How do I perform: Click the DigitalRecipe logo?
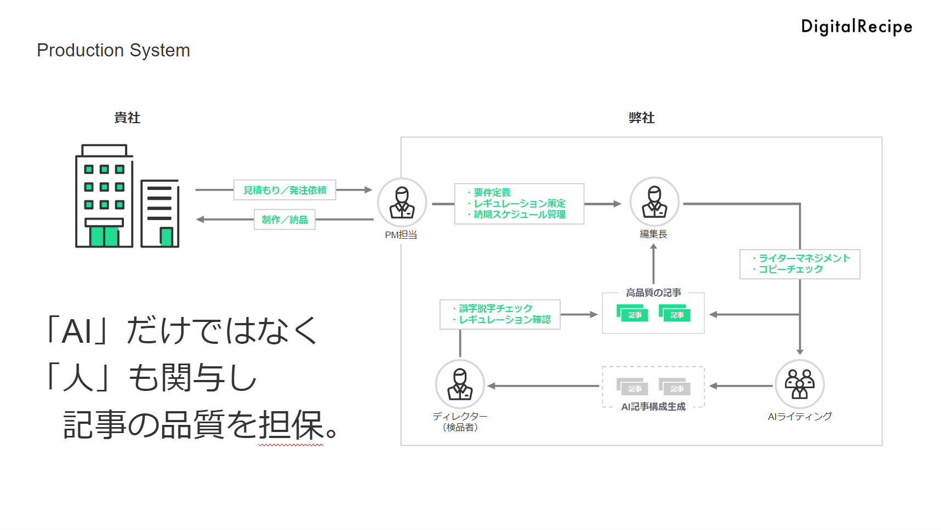856,27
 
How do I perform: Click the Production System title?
113,50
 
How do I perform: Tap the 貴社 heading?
127,118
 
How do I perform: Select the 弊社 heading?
641,118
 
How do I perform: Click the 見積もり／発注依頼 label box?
284,190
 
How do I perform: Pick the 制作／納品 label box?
284,220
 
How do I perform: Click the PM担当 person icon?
402,203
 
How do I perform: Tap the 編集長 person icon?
654,202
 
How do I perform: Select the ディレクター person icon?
460,384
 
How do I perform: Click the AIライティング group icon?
800,384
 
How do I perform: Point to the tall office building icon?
104,197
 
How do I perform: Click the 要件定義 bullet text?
492,192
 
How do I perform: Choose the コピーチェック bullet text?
790,269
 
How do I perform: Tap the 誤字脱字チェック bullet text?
495,308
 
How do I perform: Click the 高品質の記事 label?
653,293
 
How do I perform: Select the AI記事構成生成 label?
653,407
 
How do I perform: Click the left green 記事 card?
633,313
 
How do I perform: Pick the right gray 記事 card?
675,387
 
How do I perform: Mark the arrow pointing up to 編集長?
653,263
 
